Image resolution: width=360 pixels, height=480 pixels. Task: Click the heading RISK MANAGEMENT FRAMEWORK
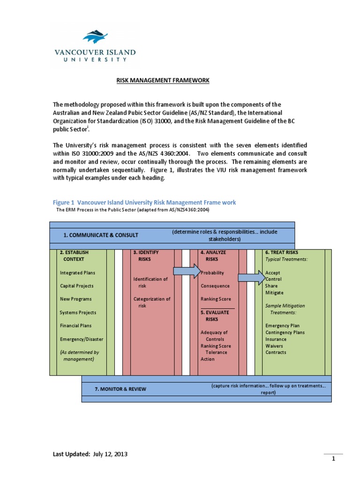pos(163,81)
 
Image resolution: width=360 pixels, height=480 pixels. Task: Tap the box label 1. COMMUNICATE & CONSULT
pos(101,235)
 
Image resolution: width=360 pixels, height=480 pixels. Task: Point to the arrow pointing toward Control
pos(251,278)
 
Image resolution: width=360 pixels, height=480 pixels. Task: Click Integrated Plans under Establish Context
pos(77,273)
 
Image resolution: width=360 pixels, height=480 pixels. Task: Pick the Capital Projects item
pos(76,286)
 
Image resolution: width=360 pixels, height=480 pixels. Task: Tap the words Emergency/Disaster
pos(82,339)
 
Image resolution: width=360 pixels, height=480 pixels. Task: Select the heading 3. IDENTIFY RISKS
pos(146,255)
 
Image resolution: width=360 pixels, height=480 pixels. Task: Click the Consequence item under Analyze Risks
pos(215,286)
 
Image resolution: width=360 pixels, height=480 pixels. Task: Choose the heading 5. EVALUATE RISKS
pos(215,315)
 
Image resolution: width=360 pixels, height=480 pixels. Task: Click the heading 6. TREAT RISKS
pos(281,252)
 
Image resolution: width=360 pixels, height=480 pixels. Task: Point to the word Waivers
pos(274,346)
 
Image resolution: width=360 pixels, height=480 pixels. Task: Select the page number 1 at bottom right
pos(333,459)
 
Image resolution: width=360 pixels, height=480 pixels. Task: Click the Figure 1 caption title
pos(143,202)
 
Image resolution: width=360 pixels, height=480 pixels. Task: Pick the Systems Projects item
pos(78,313)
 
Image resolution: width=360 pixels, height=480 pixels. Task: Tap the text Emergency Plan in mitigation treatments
pos(282,326)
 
